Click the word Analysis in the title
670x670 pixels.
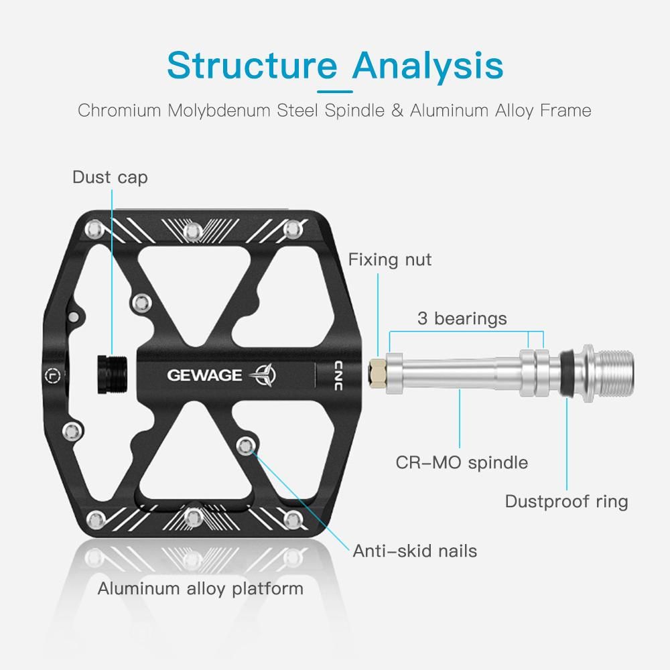(x=428, y=65)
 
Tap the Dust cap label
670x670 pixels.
(x=110, y=177)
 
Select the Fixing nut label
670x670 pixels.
(x=390, y=259)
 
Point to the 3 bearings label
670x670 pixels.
(x=462, y=318)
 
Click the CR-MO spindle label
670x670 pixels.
(x=462, y=462)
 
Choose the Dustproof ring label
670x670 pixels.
(x=566, y=501)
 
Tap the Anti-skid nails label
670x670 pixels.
(x=415, y=551)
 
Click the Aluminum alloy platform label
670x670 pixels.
(x=200, y=588)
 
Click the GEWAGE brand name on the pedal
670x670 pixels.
(x=204, y=375)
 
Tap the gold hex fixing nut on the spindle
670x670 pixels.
(x=377, y=370)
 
